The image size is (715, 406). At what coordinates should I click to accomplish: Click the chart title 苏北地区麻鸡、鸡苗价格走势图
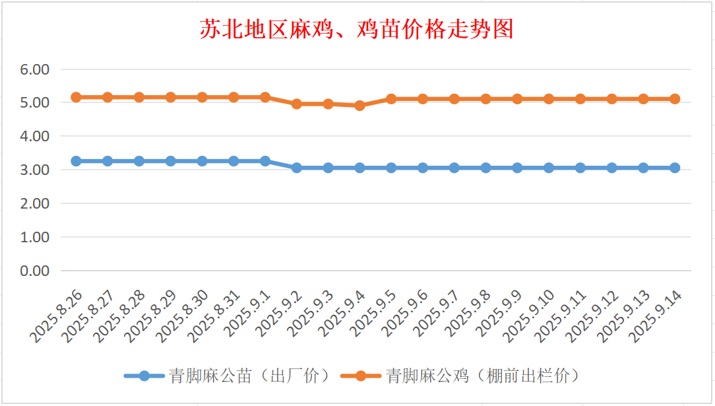(x=357, y=30)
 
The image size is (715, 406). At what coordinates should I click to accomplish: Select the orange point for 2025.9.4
(x=359, y=106)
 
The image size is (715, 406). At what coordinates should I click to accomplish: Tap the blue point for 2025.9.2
(x=297, y=168)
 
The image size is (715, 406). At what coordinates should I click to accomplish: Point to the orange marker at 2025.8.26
(x=76, y=97)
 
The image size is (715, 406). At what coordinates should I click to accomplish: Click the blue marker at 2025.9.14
(x=675, y=168)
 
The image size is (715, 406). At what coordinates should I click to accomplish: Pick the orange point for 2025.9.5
(x=391, y=99)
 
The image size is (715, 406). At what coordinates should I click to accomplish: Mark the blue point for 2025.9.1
(x=265, y=161)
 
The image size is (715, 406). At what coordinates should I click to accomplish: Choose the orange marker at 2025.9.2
(x=297, y=104)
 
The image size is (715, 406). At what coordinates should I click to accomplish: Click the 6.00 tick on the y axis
(x=36, y=69)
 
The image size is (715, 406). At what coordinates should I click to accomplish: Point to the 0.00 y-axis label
(x=36, y=271)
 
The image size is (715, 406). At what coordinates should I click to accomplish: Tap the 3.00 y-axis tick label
(x=36, y=170)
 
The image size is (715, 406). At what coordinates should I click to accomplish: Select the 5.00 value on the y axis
(x=36, y=103)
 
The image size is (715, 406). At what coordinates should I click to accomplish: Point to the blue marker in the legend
(x=144, y=376)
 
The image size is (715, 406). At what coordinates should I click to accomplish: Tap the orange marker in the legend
(x=361, y=376)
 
